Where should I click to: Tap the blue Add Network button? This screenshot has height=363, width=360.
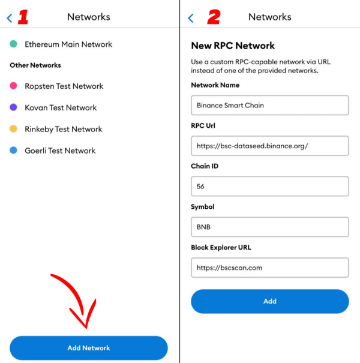(89, 348)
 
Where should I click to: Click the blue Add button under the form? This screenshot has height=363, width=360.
(270, 301)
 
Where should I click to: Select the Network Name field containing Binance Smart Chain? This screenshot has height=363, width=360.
(270, 105)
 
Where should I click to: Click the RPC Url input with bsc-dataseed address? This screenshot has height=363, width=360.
(270, 146)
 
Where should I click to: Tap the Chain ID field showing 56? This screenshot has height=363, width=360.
(270, 187)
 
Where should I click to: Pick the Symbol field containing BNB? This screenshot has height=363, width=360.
(270, 227)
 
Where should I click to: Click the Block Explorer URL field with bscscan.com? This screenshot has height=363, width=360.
(270, 268)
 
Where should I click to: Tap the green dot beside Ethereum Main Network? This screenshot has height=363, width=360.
(13, 44)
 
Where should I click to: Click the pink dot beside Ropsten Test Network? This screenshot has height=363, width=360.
(13, 86)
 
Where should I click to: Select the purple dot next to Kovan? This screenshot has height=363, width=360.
(13, 107)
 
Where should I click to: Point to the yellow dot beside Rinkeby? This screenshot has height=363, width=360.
(13, 129)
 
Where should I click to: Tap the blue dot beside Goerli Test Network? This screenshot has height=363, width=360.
(13, 150)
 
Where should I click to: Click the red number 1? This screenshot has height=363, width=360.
(23, 17)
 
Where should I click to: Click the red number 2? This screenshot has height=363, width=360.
(214, 17)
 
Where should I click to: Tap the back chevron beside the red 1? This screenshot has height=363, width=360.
(9, 18)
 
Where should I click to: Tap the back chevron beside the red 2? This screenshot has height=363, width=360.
(191, 18)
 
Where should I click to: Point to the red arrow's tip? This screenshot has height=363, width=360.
(86, 328)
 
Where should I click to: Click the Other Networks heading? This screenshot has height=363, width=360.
(35, 65)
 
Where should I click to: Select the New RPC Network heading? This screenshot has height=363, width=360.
(233, 46)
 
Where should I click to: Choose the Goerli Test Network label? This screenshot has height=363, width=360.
(60, 151)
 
